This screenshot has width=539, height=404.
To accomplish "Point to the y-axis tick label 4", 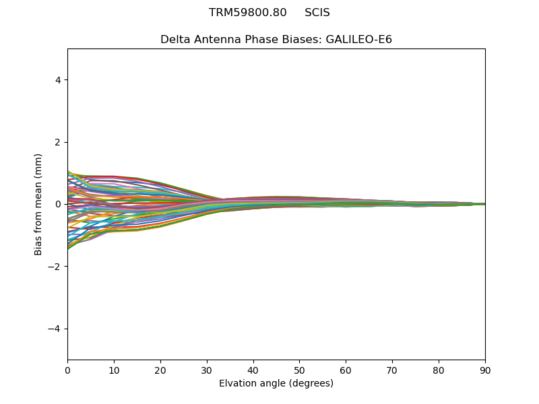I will click(x=58, y=80).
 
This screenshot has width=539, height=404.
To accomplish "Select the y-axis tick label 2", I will click(x=58, y=142).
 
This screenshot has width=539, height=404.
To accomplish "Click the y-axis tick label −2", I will click(x=55, y=267).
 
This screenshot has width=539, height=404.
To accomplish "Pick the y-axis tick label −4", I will click(x=55, y=329).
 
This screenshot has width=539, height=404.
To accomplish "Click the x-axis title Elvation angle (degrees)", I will click(x=276, y=383).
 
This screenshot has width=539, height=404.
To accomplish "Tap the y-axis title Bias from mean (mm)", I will click(x=39, y=204).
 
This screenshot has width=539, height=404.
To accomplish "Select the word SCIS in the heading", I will click(x=317, y=13).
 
